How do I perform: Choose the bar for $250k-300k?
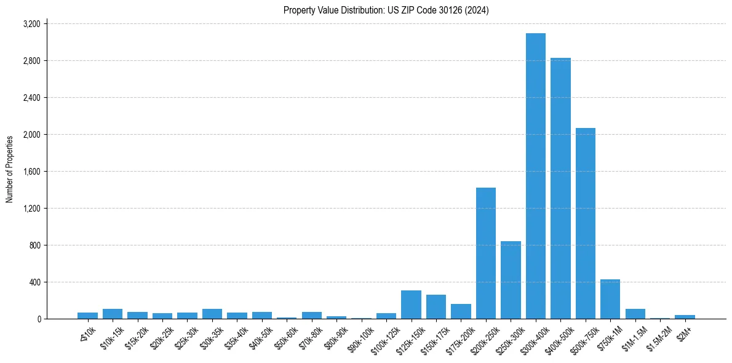click(511, 280)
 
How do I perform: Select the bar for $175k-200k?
click(461, 311)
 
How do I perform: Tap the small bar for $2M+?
click(685, 317)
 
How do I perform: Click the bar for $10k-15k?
click(113, 314)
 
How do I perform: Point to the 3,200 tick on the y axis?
click(31, 24)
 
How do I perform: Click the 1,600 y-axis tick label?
click(31, 172)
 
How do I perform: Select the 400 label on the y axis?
click(34, 282)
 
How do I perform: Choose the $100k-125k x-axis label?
click(384, 339)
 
